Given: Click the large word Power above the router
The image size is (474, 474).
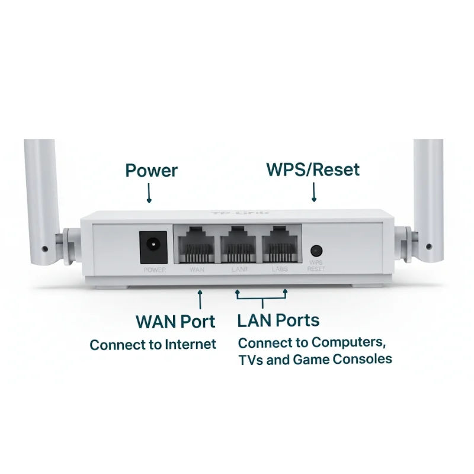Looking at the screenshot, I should [151, 171].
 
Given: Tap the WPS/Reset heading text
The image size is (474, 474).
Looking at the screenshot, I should [313, 170].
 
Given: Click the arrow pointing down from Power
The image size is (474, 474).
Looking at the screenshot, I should [149, 194].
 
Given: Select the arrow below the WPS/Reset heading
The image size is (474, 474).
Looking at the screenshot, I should [313, 193].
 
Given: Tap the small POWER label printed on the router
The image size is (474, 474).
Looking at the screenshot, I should [155, 270].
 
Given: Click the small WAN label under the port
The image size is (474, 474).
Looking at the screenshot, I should [196, 270].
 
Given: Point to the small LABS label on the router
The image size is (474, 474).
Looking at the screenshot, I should [280, 270].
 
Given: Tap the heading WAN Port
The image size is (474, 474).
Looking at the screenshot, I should [175, 322].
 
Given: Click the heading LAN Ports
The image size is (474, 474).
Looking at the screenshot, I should [278, 321].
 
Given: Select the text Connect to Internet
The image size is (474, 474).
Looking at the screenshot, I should [153, 344].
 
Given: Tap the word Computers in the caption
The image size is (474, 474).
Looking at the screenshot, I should [348, 342].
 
